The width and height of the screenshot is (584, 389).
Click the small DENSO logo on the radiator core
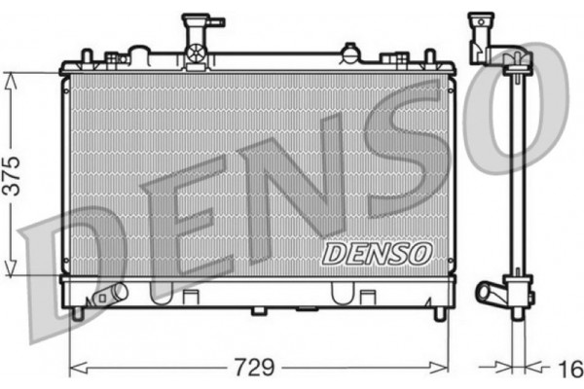pyautogui.click(x=376, y=254)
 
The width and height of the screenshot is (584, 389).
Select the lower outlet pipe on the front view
pyautogui.click(x=111, y=294)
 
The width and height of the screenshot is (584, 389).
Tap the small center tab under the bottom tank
pyautogui.click(x=259, y=311)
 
